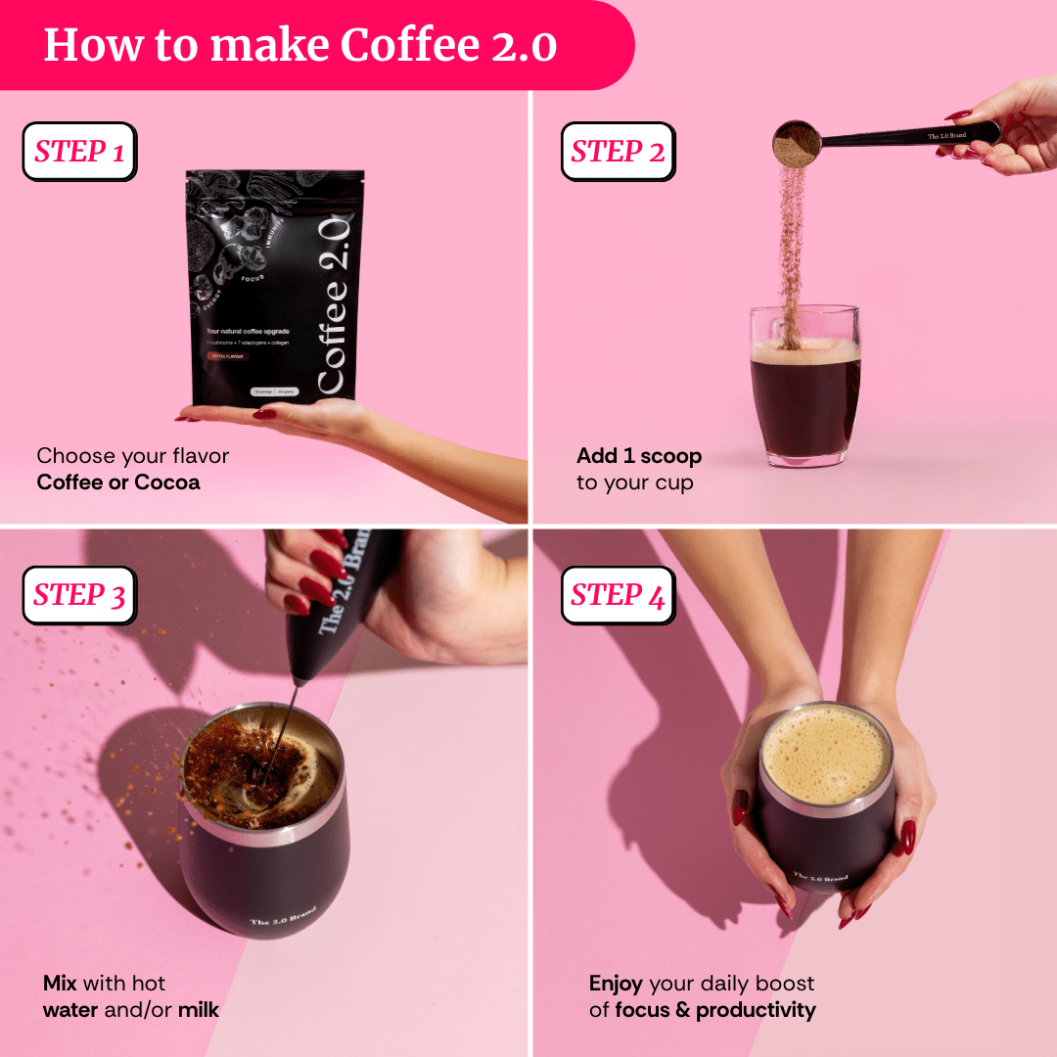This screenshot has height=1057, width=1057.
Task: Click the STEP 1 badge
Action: tap(79, 152)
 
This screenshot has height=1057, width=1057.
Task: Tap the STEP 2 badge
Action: tap(618, 152)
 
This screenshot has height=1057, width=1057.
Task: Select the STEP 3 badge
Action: tap(79, 595)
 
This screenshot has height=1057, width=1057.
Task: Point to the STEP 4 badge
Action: tap(618, 595)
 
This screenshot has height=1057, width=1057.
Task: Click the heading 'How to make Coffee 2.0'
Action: tap(300, 45)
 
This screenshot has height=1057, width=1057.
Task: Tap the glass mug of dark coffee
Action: tap(804, 391)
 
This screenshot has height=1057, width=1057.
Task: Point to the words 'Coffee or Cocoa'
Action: tap(118, 483)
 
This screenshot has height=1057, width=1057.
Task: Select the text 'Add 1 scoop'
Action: tap(639, 456)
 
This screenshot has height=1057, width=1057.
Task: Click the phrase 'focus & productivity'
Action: tap(715, 1010)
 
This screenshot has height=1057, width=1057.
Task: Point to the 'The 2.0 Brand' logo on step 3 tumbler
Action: tap(283, 916)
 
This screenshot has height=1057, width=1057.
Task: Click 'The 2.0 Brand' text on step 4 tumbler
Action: tap(820, 878)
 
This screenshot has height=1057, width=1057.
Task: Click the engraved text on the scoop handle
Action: tap(946, 136)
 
